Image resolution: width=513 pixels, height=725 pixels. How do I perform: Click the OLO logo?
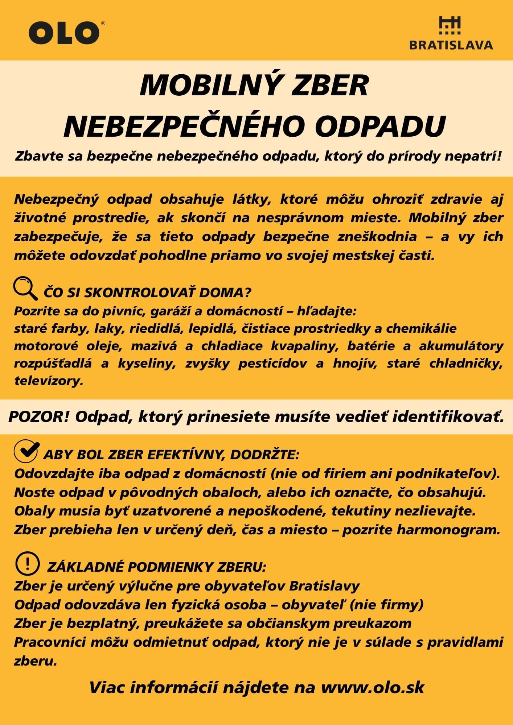click(64, 33)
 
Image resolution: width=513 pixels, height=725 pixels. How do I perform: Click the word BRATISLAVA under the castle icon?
click(451, 45)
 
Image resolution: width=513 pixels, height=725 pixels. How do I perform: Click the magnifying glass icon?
click(25, 289)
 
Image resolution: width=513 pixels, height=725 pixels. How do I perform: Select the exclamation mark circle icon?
click(27, 564)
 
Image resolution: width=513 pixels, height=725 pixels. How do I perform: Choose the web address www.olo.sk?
click(373, 688)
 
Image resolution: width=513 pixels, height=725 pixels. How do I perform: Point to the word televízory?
click(49, 381)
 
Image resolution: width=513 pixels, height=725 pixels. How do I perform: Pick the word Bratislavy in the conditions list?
click(324, 586)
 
